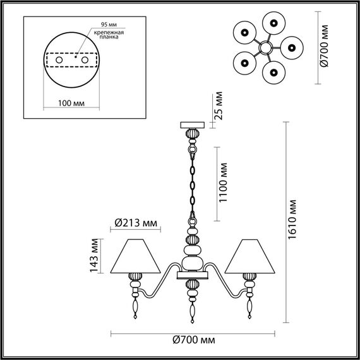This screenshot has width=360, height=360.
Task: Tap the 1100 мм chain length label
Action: (x=224, y=184)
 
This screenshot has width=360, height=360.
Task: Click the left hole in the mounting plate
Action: (x=59, y=59)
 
